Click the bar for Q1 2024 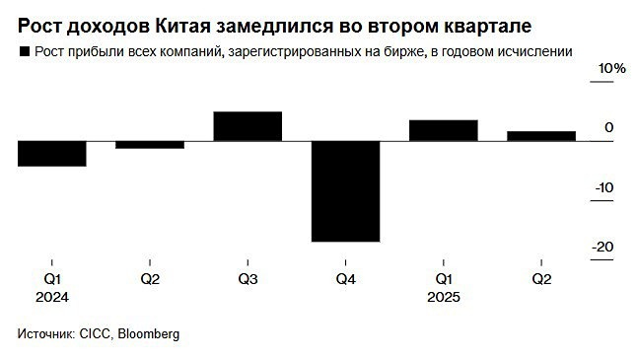pyautogui.click(x=51, y=153)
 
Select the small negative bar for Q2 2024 pyautogui.click(x=150, y=145)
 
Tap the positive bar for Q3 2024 pyautogui.click(x=248, y=126)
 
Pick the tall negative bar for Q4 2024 pyautogui.click(x=345, y=190)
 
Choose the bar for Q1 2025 pyautogui.click(x=444, y=130)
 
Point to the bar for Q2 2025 pyautogui.click(x=541, y=136)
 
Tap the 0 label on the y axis pyautogui.click(x=609, y=127)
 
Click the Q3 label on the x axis pyautogui.click(x=248, y=279)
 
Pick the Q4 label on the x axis pyautogui.click(x=345, y=279)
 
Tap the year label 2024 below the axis pyautogui.click(x=50, y=296)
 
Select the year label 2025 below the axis pyautogui.click(x=444, y=296)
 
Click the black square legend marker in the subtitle pyautogui.click(x=24, y=50)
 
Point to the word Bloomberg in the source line pyautogui.click(x=148, y=334)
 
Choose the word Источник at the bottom pyautogui.click(x=45, y=334)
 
